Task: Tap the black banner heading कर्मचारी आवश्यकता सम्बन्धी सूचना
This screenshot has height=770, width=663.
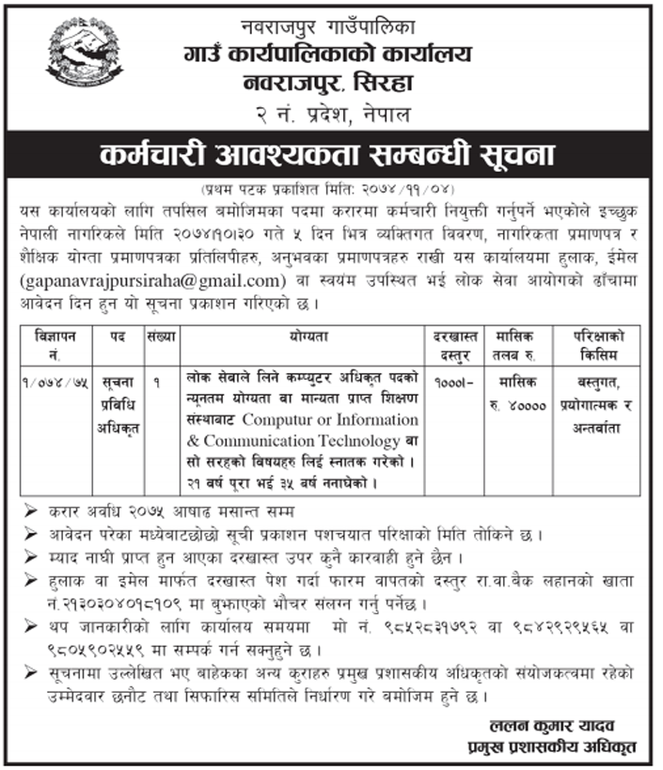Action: [x=331, y=154]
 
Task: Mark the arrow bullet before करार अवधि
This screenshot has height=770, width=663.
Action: [x=31, y=511]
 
